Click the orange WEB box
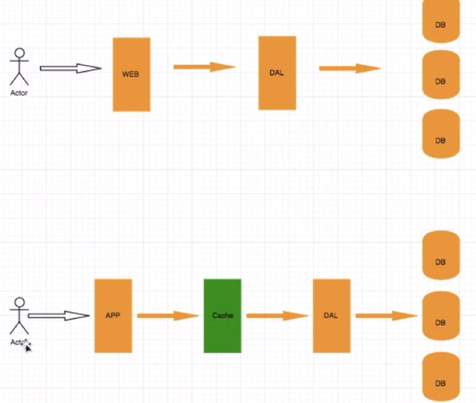131,74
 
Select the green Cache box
223,315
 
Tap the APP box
113,315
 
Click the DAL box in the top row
277,72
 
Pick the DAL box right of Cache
331,315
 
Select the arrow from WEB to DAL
204,67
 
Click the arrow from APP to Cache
167,315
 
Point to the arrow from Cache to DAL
277,315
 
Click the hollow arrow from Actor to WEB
70,69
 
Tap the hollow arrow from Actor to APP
59,315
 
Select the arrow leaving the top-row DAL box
349,69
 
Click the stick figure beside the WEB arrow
20,67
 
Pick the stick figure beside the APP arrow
20,317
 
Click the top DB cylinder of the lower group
441,256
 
